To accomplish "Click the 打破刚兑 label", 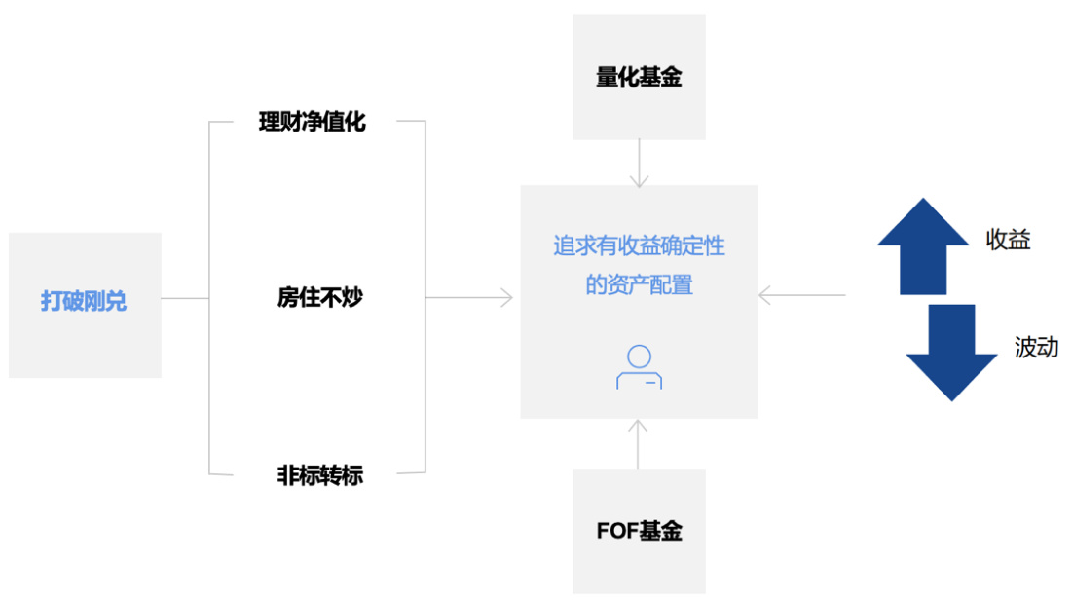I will click(84, 301).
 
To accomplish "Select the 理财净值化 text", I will click(312, 123).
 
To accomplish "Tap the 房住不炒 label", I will click(319, 298).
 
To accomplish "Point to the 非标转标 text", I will click(319, 476).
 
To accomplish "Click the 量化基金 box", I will click(639, 77).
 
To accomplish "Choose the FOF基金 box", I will click(639, 531).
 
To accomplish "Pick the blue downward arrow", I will click(951, 352).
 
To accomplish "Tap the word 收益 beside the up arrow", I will click(1008, 241).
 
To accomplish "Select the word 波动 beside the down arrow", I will click(1036, 348).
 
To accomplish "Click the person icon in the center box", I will click(639, 367).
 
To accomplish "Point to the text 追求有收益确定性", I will click(639, 246).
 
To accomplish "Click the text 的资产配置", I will click(639, 286).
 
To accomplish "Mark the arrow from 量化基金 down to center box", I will click(639, 163).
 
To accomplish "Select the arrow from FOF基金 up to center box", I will click(639, 443).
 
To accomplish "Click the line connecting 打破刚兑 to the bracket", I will click(185, 298).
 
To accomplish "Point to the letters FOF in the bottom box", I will click(616, 531).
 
